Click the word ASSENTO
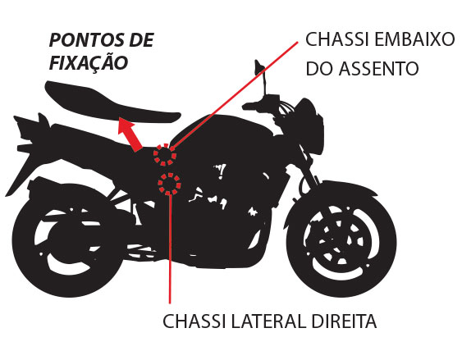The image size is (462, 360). click(x=378, y=69)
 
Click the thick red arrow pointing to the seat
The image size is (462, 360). click(x=130, y=134)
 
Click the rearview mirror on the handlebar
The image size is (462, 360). click(x=259, y=67)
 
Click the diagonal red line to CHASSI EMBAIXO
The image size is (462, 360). click(x=235, y=96)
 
